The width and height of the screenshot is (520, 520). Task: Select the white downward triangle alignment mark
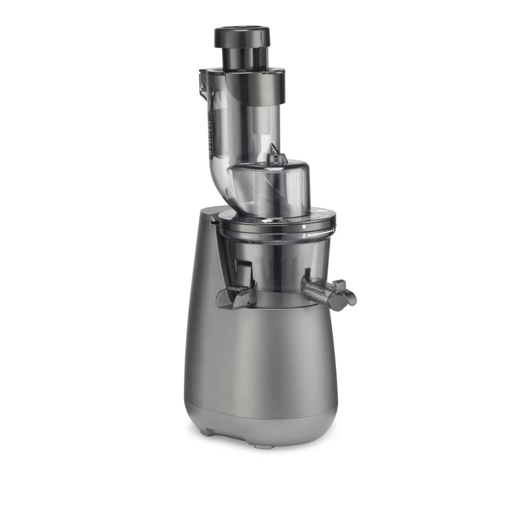coord(304,227)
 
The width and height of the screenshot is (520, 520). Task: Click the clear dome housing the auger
coord(269,182)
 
